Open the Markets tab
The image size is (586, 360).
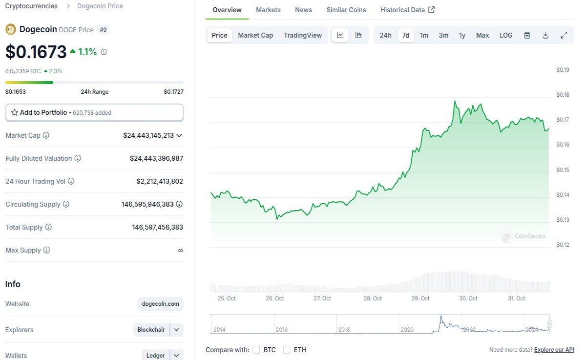coord(268,10)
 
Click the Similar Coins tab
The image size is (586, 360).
coord(346,10)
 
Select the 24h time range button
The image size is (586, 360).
coord(385,35)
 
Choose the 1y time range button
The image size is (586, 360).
coord(462,35)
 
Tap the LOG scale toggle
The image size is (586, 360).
coord(506,35)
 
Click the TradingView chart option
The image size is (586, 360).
coord(303,35)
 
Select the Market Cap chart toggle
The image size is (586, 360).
coord(255,35)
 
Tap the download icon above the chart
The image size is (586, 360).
coord(545,35)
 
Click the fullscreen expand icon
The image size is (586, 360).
coord(564,35)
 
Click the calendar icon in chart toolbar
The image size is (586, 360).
coord(527,35)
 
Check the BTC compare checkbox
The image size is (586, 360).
coord(256,350)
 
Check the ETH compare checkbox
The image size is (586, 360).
coord(287,350)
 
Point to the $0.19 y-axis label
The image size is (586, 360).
coord(563,70)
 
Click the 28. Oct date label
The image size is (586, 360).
coord(373,298)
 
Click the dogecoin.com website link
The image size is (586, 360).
coord(160,304)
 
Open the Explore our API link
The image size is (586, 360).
coord(554,350)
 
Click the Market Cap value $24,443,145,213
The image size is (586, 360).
coord(148,135)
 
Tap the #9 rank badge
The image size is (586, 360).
coord(103,30)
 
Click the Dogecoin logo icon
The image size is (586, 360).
coord(11,29)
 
